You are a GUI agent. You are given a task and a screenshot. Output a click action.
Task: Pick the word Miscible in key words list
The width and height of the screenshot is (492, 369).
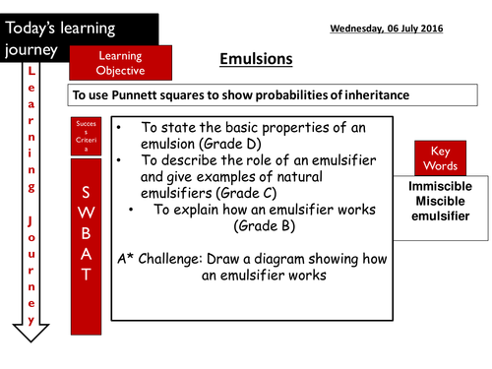438,201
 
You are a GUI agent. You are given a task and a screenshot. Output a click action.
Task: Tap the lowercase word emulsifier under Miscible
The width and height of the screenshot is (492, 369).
438,216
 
